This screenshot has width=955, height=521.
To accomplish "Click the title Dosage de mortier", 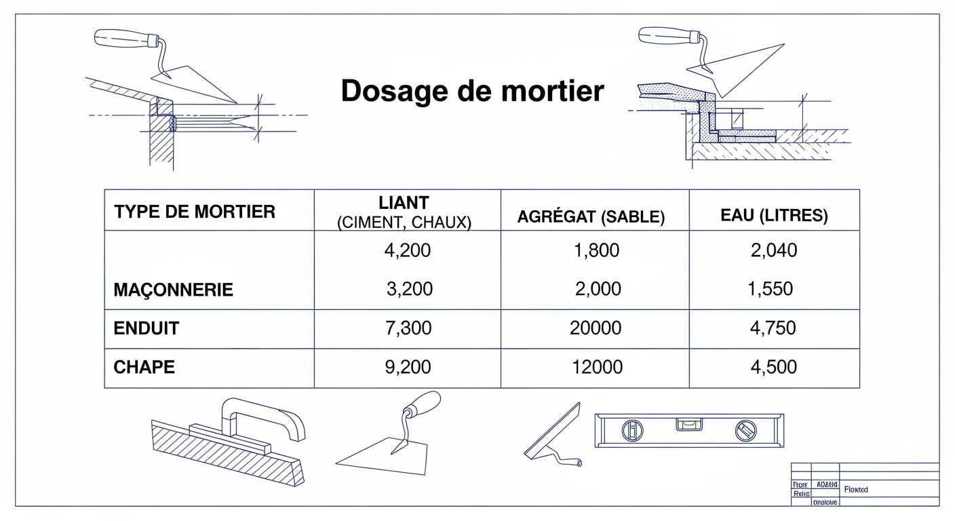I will point(472,91).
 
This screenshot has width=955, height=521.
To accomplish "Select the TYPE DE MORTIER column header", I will point(195,212).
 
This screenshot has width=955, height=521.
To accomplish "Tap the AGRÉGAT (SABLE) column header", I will point(591,217).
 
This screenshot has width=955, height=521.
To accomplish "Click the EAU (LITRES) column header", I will point(774,216).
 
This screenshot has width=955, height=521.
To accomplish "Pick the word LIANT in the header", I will point(404,202).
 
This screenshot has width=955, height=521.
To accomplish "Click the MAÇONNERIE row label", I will point(174,290).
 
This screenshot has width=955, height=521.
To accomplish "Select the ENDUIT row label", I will point(147,329).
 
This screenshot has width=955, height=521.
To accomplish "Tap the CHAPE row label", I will point(144,367).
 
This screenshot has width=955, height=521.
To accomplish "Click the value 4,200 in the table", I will point(407,251).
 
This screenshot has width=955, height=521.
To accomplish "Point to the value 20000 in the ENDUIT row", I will point(596,329).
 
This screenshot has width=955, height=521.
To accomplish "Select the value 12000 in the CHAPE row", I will point(597,367).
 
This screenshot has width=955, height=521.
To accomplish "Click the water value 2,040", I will point(774,251).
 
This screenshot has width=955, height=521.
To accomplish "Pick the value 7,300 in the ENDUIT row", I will point(408,329).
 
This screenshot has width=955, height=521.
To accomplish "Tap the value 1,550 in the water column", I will point(770,289).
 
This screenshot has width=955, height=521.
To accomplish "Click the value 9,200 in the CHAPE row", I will point(408,367).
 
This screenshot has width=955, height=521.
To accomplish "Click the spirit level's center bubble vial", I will point(688,425).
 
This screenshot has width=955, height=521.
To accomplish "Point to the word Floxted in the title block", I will point(856,489).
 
